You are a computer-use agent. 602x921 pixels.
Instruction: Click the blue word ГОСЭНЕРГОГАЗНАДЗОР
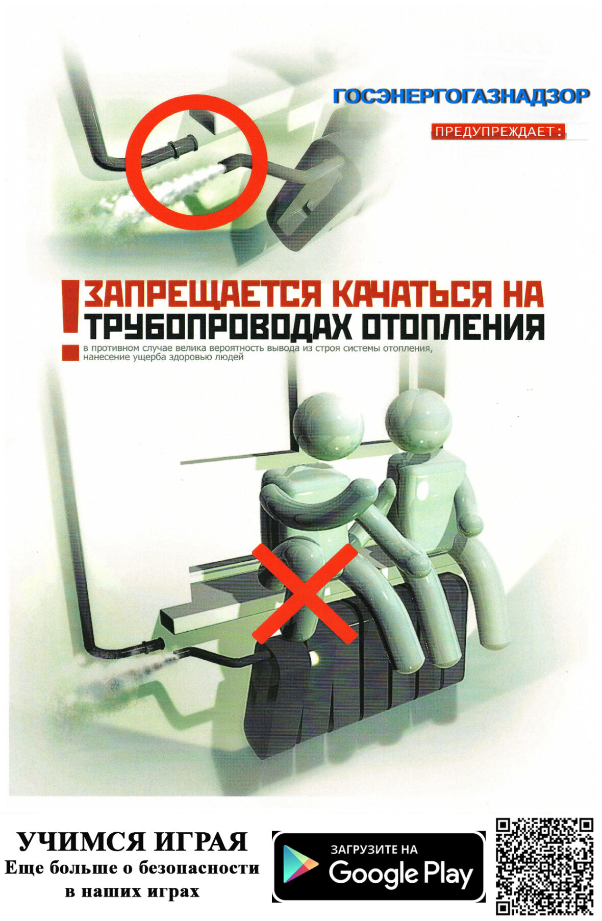(x=461, y=96)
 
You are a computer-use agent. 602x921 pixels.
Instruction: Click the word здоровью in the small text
(x=187, y=357)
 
